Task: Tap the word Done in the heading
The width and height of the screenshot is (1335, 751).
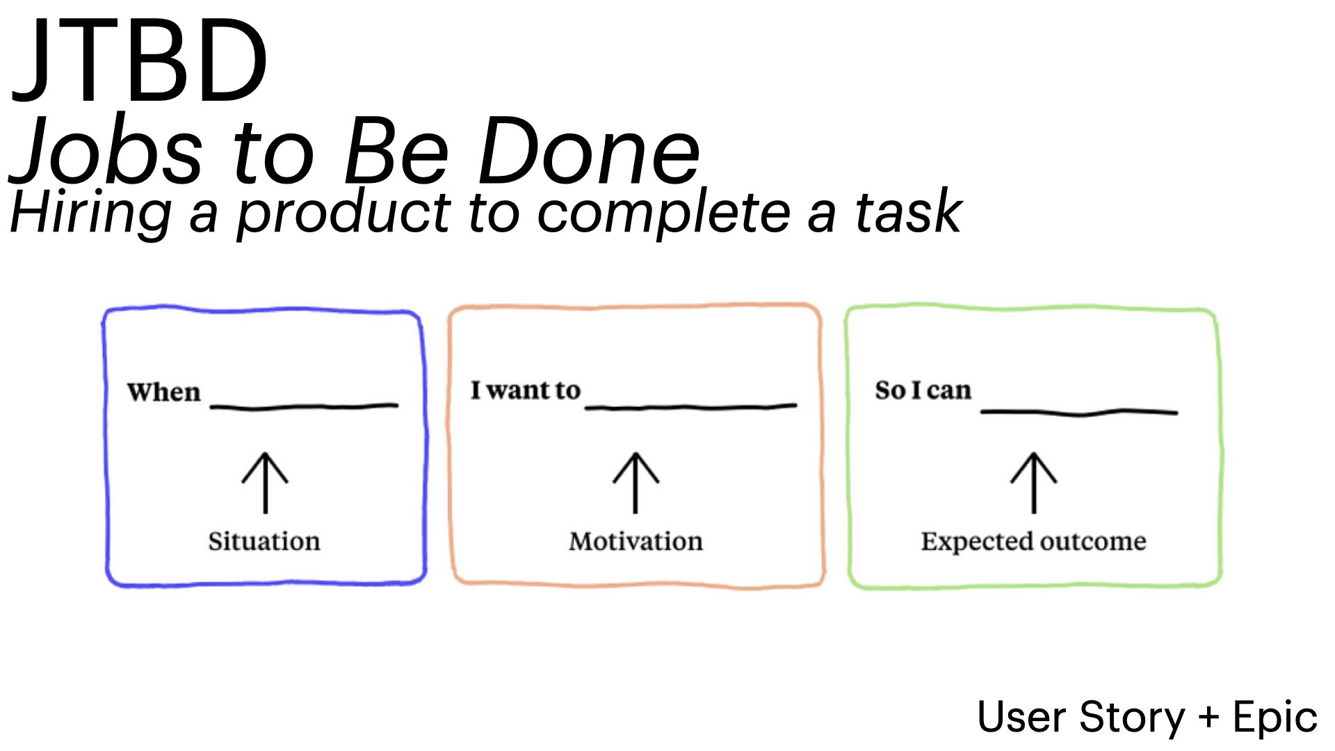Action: pyautogui.click(x=589, y=152)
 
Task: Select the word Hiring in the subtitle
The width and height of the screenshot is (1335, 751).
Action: pyautogui.click(x=90, y=213)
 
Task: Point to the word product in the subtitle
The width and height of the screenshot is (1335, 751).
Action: pyautogui.click(x=343, y=213)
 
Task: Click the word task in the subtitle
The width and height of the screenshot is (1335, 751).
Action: pyautogui.click(x=908, y=211)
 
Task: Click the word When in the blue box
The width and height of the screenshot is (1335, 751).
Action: pyautogui.click(x=163, y=393)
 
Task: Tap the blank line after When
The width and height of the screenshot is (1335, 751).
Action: pyautogui.click(x=304, y=407)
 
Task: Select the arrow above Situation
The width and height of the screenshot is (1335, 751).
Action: pyautogui.click(x=265, y=483)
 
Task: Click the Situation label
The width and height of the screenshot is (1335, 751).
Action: pyautogui.click(x=264, y=541)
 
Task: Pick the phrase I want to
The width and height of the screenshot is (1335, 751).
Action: pyautogui.click(x=525, y=391)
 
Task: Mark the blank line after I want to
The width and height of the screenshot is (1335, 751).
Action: pyautogui.click(x=690, y=407)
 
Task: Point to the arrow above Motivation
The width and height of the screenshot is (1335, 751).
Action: pyautogui.click(x=636, y=483)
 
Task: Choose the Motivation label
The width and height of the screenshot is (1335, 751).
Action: pyautogui.click(x=636, y=541)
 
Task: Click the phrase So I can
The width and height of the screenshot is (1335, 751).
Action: pyautogui.click(x=923, y=391)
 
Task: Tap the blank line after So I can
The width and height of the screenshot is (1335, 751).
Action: pyautogui.click(x=1079, y=412)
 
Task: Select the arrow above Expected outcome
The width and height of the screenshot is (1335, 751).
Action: pyautogui.click(x=1034, y=483)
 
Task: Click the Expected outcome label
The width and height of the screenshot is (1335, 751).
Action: pyautogui.click(x=1034, y=542)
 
